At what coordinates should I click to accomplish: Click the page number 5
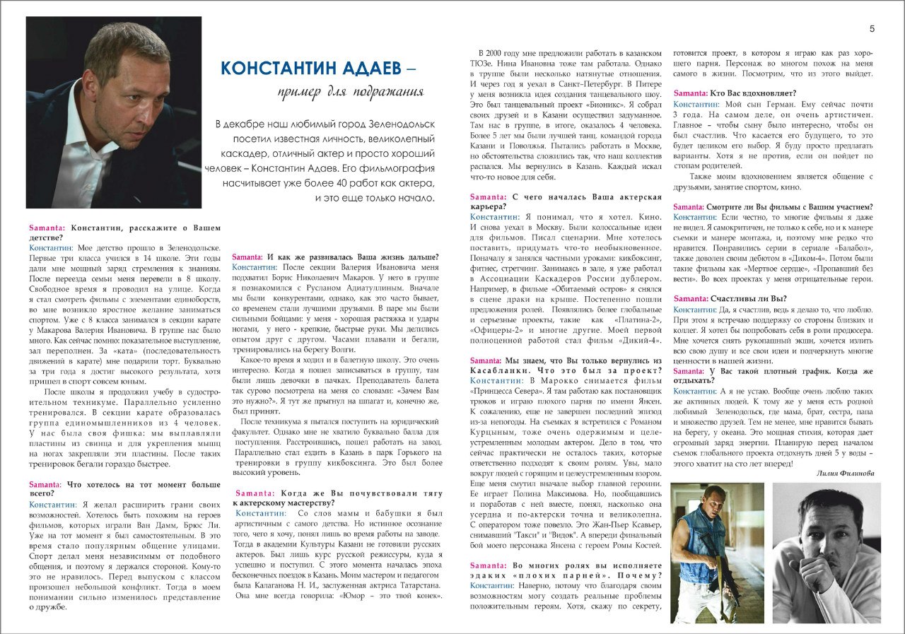point(872,29)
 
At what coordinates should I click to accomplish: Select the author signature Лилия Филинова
point(845,473)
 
